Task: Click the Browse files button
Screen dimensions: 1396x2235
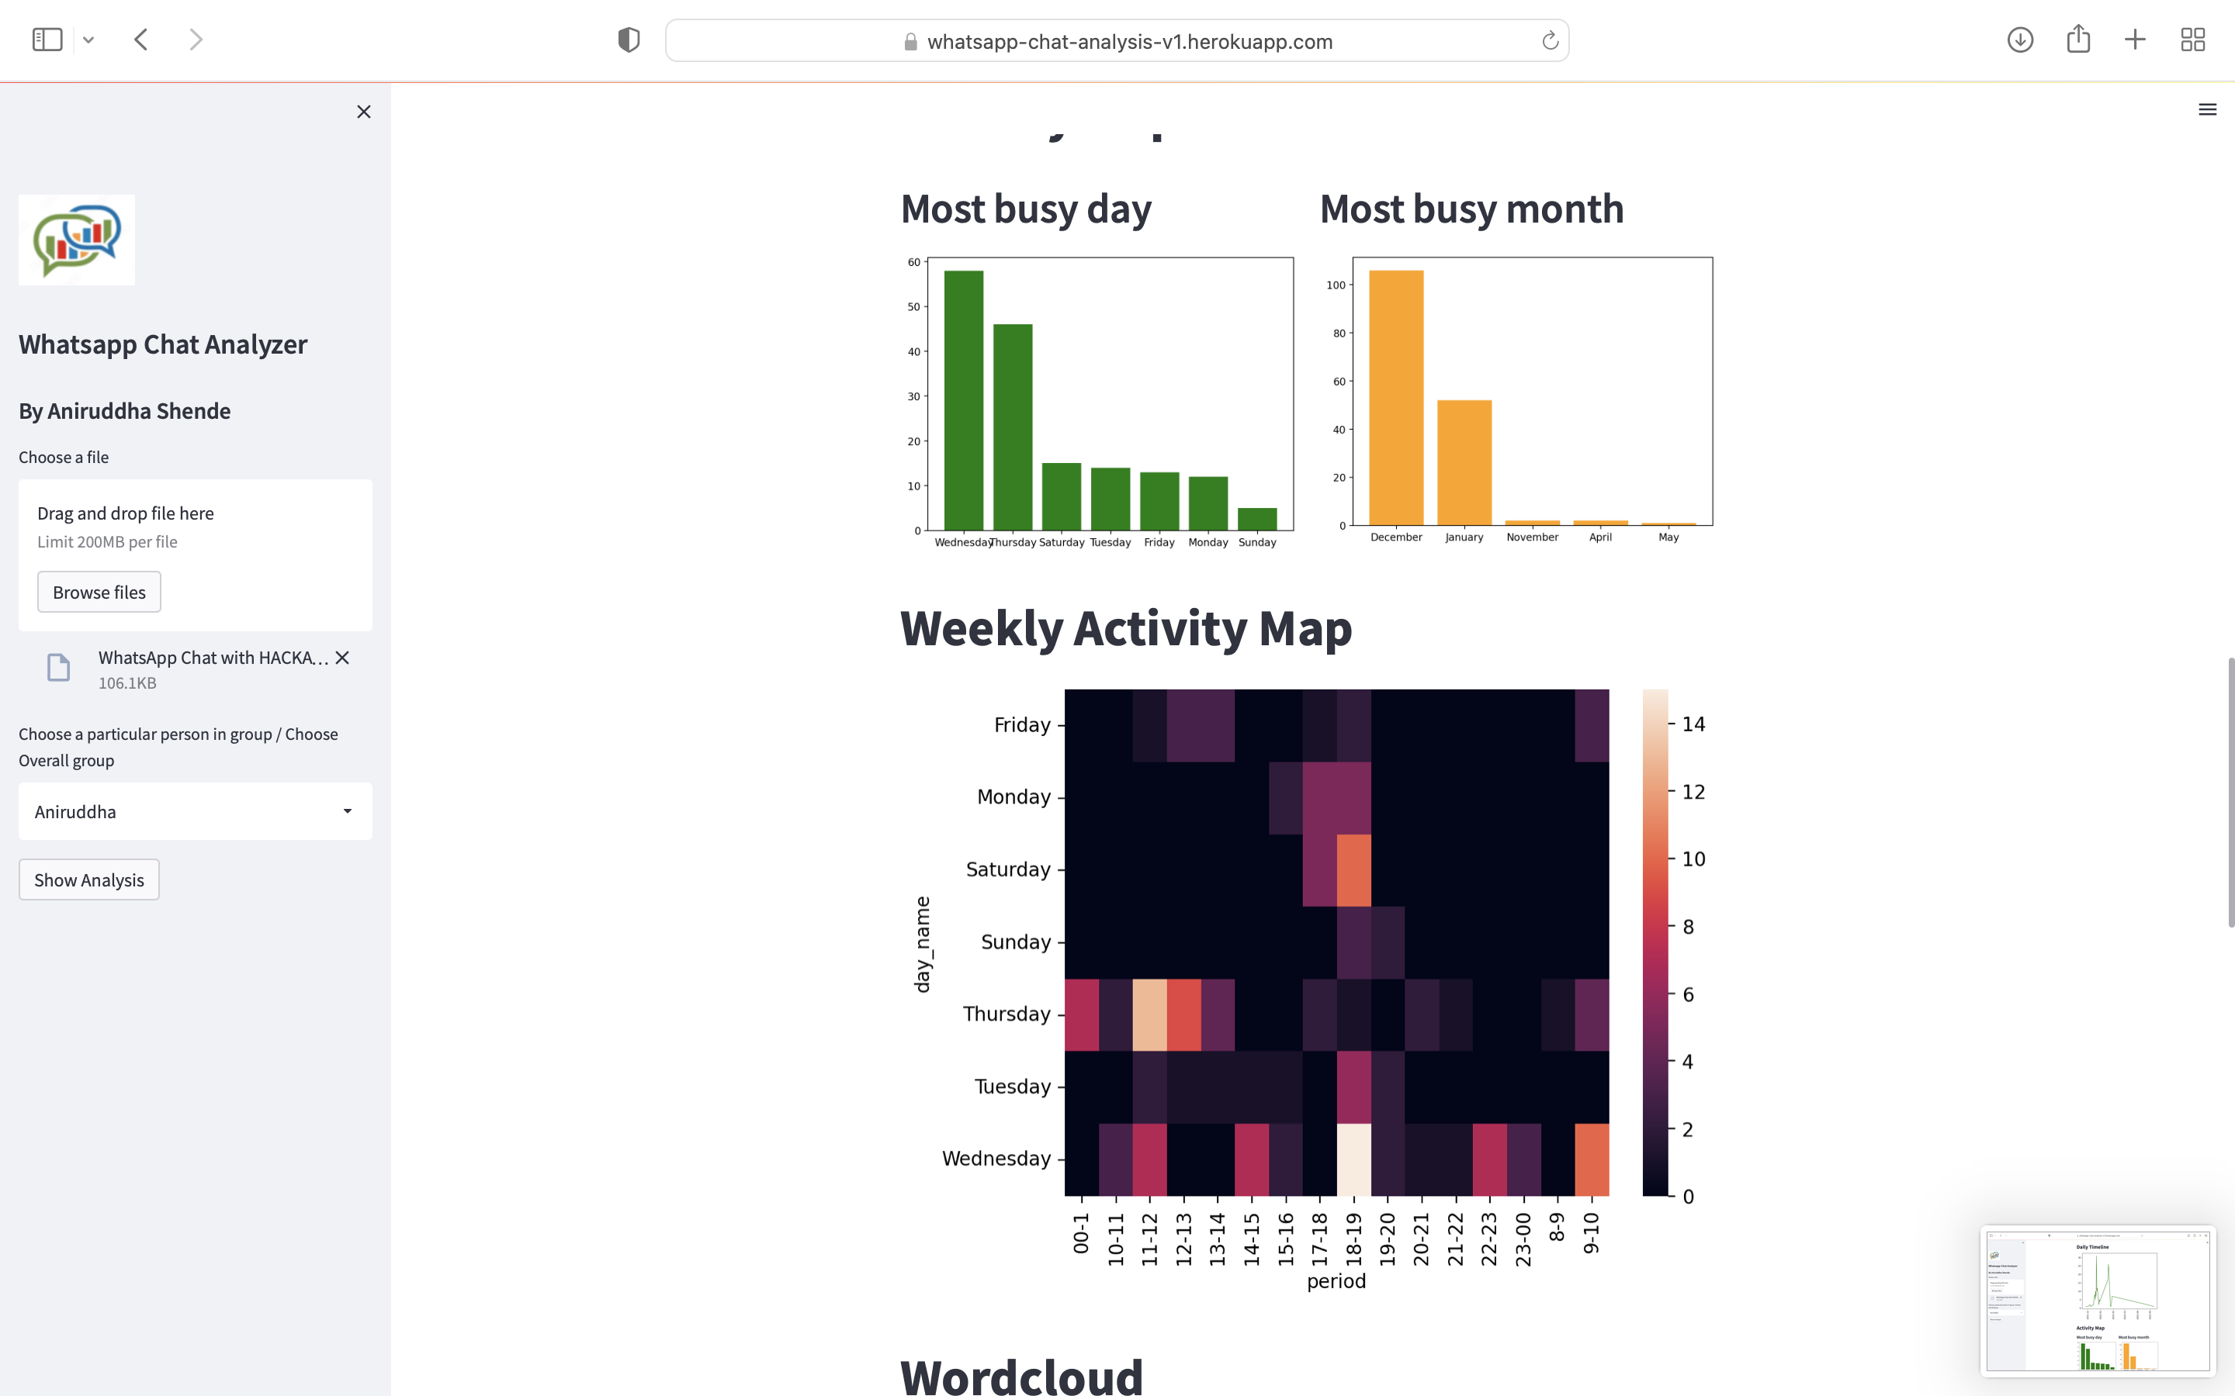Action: tap(99, 592)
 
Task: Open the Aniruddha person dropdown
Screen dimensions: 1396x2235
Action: tap(195, 811)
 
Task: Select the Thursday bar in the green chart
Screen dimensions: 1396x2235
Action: tap(1012, 427)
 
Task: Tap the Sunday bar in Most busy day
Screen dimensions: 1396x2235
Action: tap(1257, 519)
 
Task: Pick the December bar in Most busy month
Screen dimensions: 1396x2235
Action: tap(1395, 398)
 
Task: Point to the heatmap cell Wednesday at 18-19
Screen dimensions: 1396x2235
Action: tap(1354, 1159)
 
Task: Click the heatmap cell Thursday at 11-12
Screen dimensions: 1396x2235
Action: tap(1150, 1014)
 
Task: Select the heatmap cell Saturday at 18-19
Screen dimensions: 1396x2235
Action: tap(1354, 869)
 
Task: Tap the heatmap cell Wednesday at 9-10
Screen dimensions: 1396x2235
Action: tap(1592, 1159)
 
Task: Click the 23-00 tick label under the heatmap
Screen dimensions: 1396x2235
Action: tap(1523, 1239)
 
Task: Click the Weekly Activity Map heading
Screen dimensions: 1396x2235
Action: tap(1126, 629)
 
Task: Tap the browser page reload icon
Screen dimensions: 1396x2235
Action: tap(1550, 40)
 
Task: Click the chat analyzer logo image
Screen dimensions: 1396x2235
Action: tap(77, 240)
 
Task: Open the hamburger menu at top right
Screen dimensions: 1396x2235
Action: tap(2207, 110)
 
